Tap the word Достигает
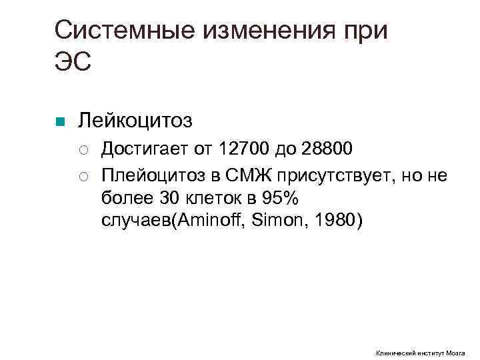pos(140,147)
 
